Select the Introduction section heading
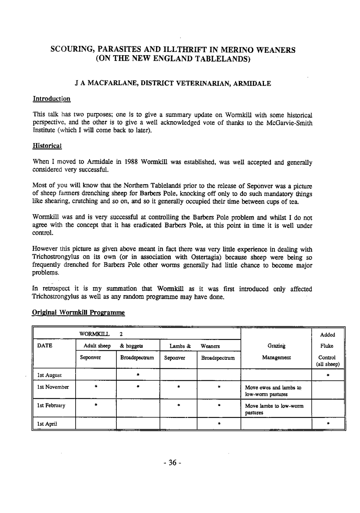coord(52,98)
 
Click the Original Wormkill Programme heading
coord(78,313)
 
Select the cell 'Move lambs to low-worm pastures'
coord(273,408)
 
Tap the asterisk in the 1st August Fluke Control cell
coord(328,375)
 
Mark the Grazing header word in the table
coord(276,346)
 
